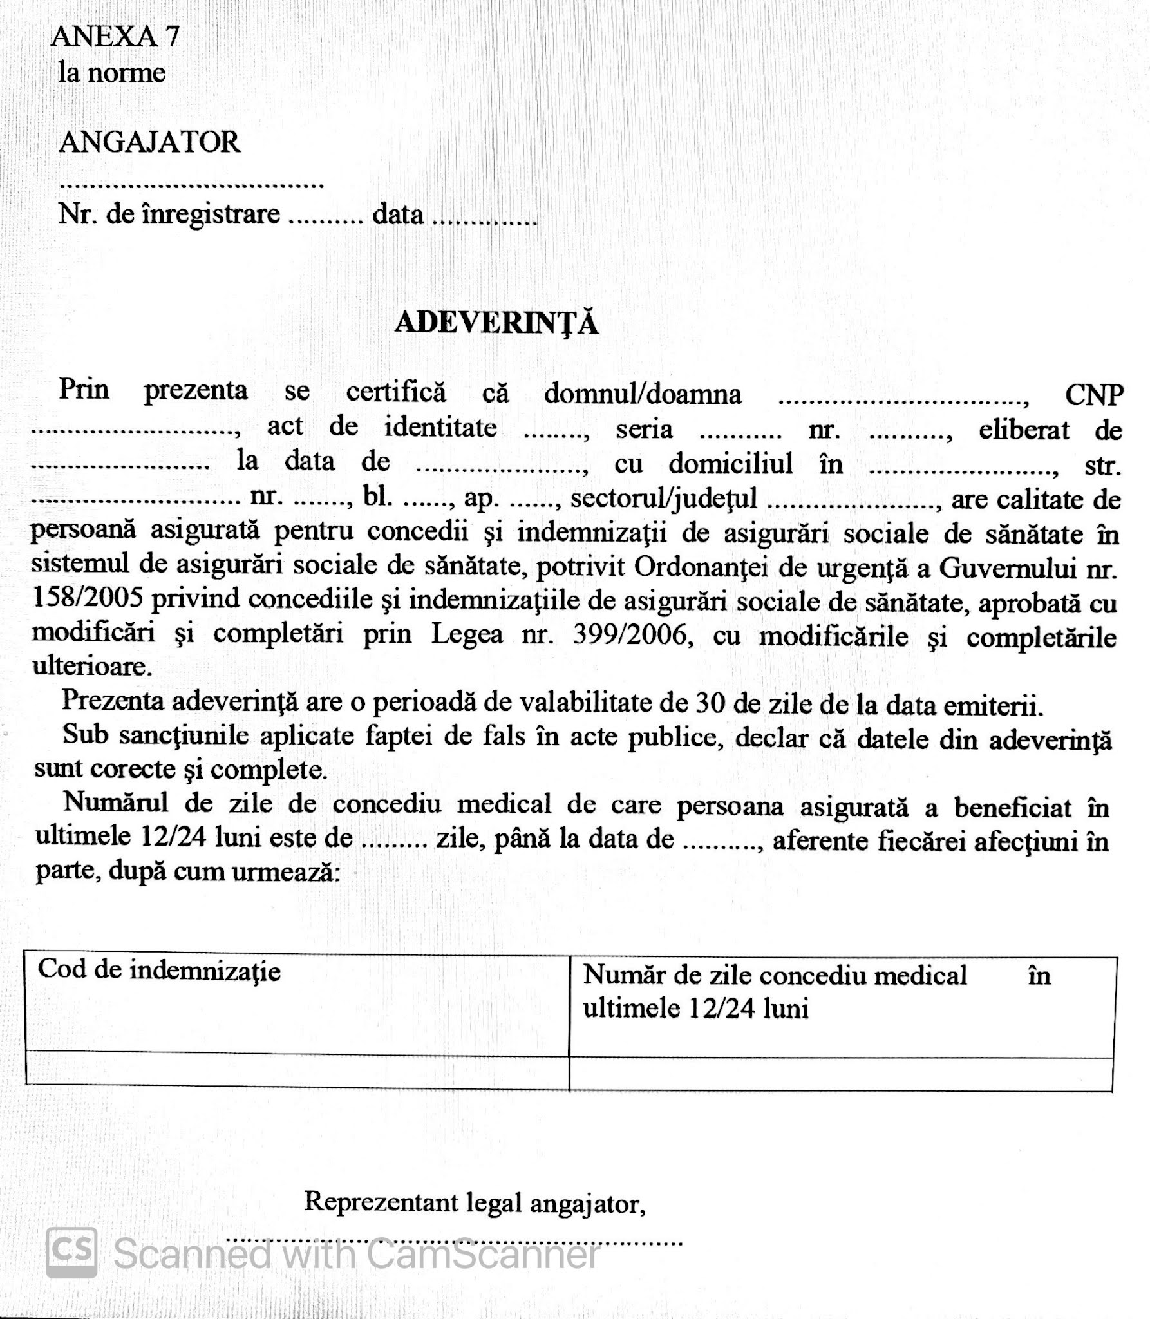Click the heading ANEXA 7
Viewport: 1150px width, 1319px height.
115,37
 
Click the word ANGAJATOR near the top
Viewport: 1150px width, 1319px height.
149,142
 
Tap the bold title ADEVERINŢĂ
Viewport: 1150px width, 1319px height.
496,323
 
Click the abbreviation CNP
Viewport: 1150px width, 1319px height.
1094,395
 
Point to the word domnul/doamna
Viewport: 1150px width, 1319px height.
643,394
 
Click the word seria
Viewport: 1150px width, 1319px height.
644,429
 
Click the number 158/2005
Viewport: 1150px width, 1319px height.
90,599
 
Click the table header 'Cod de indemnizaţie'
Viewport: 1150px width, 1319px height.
159,970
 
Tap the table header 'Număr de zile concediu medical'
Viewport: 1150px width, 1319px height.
775,975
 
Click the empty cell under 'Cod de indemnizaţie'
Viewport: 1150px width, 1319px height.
297,1068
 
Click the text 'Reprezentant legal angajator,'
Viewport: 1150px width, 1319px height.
475,1202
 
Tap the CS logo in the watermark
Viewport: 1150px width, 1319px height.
71,1251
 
